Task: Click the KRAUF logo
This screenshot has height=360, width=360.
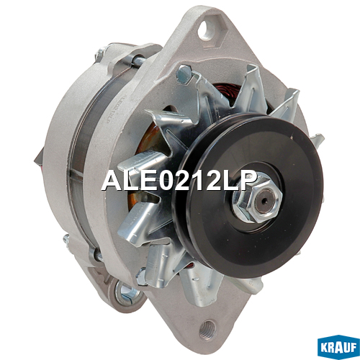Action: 338,346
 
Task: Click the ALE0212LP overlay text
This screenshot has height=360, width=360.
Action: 179,181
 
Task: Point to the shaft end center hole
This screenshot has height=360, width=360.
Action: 264,201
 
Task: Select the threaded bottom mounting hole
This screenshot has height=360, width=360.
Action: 208,329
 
